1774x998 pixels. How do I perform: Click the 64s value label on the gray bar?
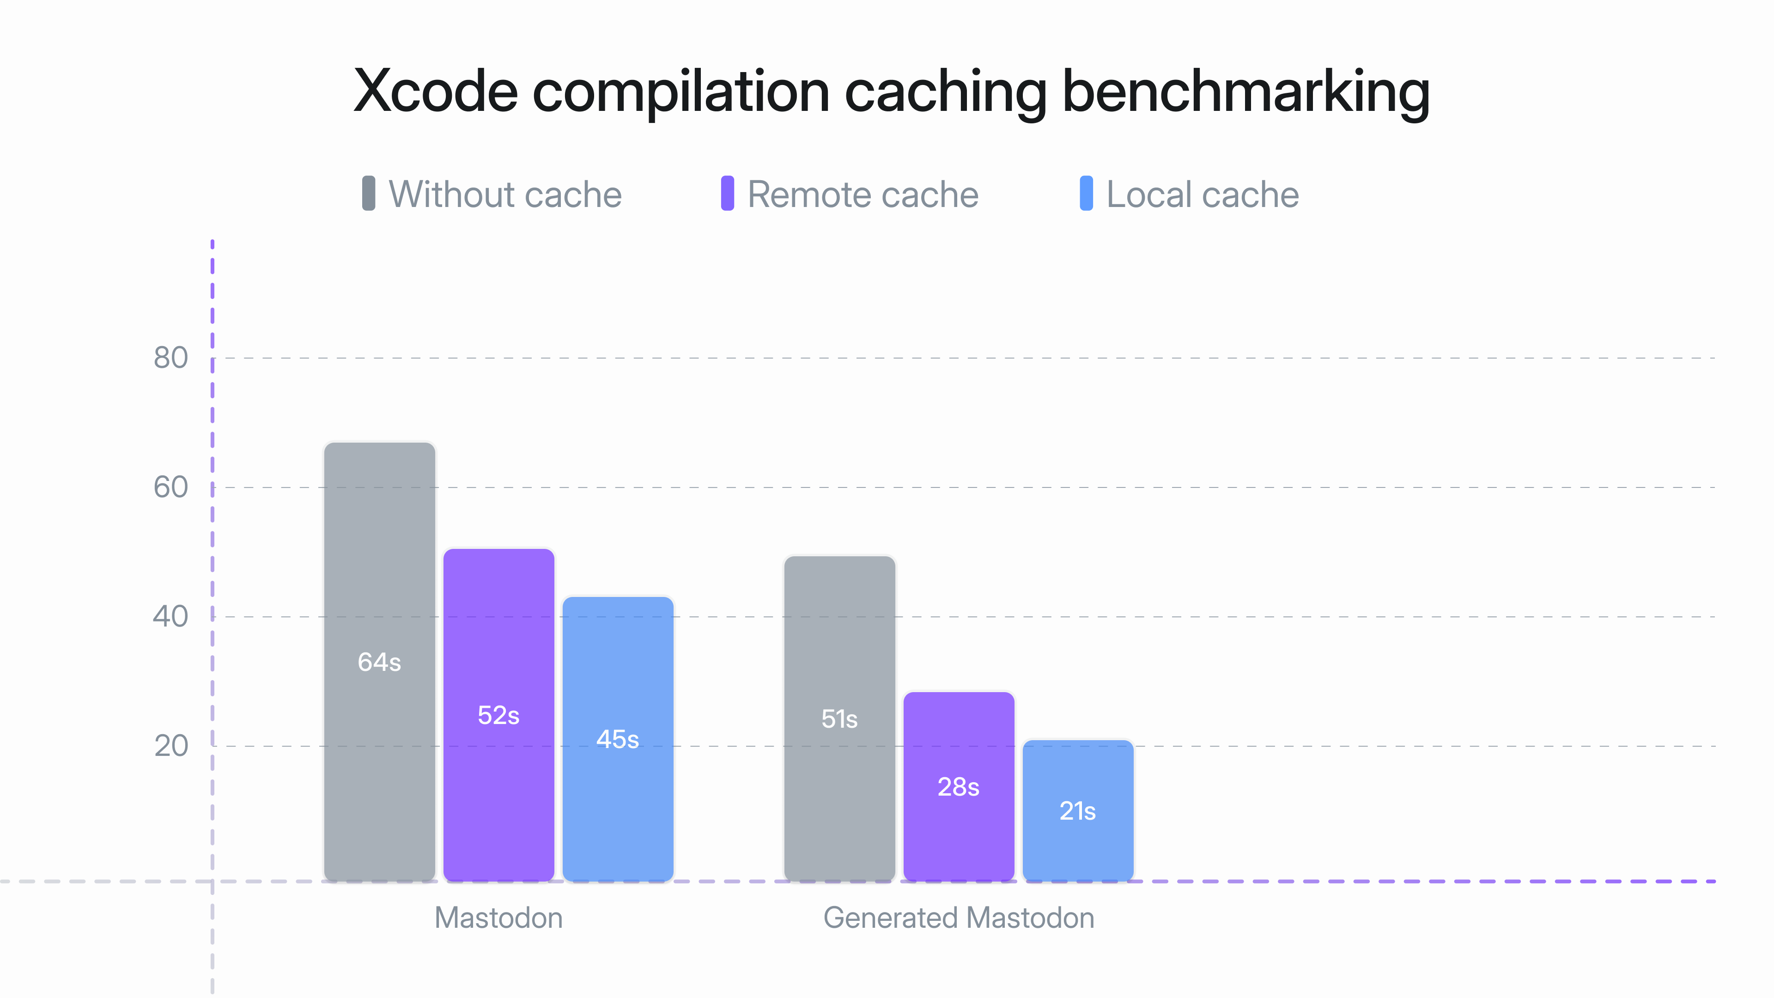379,662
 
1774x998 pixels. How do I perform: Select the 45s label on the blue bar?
617,739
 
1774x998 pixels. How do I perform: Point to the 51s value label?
839,719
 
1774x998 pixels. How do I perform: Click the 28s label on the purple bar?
958,786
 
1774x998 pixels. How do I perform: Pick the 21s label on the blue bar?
1077,811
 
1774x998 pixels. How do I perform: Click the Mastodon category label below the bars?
498,918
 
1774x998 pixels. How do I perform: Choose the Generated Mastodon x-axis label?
958,918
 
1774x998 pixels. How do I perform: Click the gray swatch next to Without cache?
369,194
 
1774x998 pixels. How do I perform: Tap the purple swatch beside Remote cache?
727,194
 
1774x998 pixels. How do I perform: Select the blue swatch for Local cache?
1086,194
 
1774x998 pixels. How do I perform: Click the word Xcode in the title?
435,91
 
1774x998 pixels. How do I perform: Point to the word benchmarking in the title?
1246,91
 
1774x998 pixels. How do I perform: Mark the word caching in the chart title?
945,91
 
